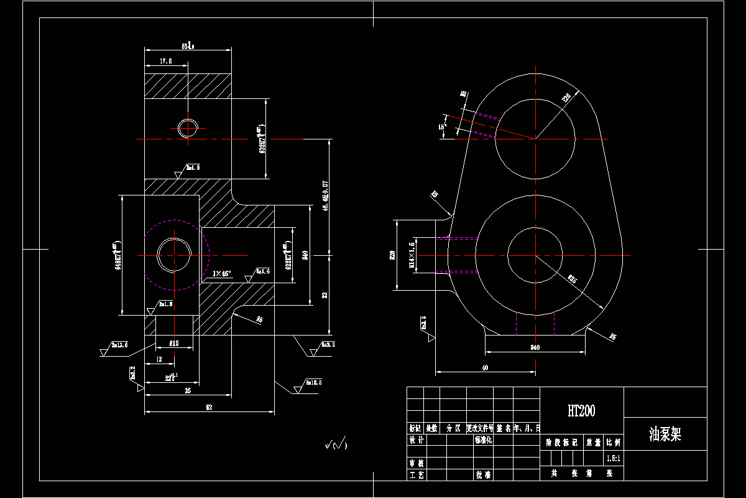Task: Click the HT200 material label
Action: coord(581,411)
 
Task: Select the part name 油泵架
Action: coord(665,435)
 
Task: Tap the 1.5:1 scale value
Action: coord(613,458)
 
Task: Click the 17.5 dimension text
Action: coord(165,62)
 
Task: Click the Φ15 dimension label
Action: coord(173,343)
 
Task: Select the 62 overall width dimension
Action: coord(209,407)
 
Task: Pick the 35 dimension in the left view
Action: coord(188,391)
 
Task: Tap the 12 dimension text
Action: coord(159,360)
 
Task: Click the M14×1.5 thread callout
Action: coord(411,255)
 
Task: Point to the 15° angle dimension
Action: coord(442,126)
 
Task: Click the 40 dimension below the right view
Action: coord(485,368)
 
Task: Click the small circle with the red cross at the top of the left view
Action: coord(188,128)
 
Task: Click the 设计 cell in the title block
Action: coord(416,440)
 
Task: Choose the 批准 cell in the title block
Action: coord(484,474)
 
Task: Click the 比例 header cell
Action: coord(613,443)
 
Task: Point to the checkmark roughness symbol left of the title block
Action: coord(336,444)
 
